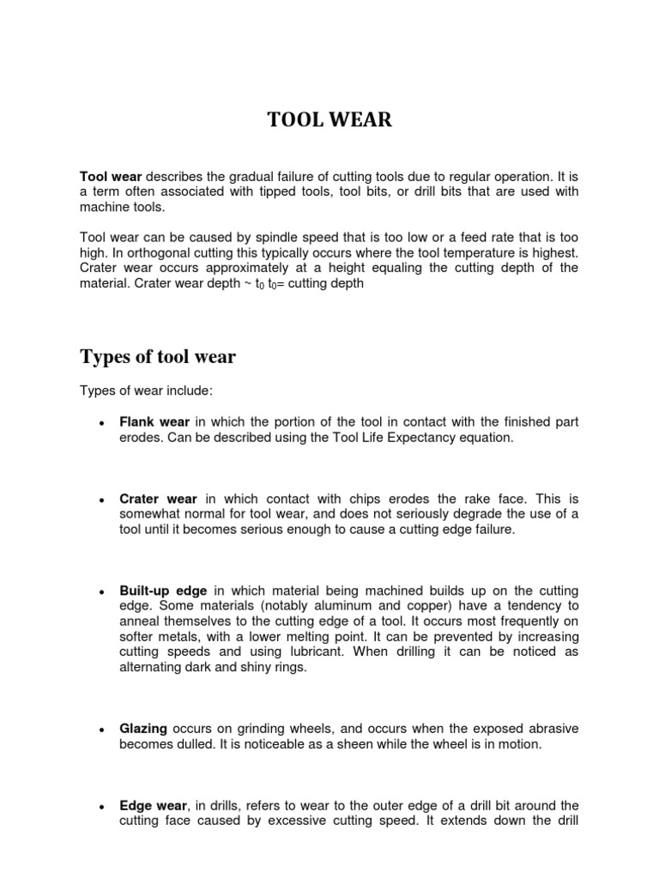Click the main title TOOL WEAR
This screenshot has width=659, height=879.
coord(329,120)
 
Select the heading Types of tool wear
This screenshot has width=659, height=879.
coord(158,356)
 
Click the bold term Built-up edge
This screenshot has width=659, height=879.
coord(163,591)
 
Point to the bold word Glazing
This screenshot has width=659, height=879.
coord(143,729)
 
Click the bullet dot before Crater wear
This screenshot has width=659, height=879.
coord(102,499)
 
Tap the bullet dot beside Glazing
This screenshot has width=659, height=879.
coord(102,730)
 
